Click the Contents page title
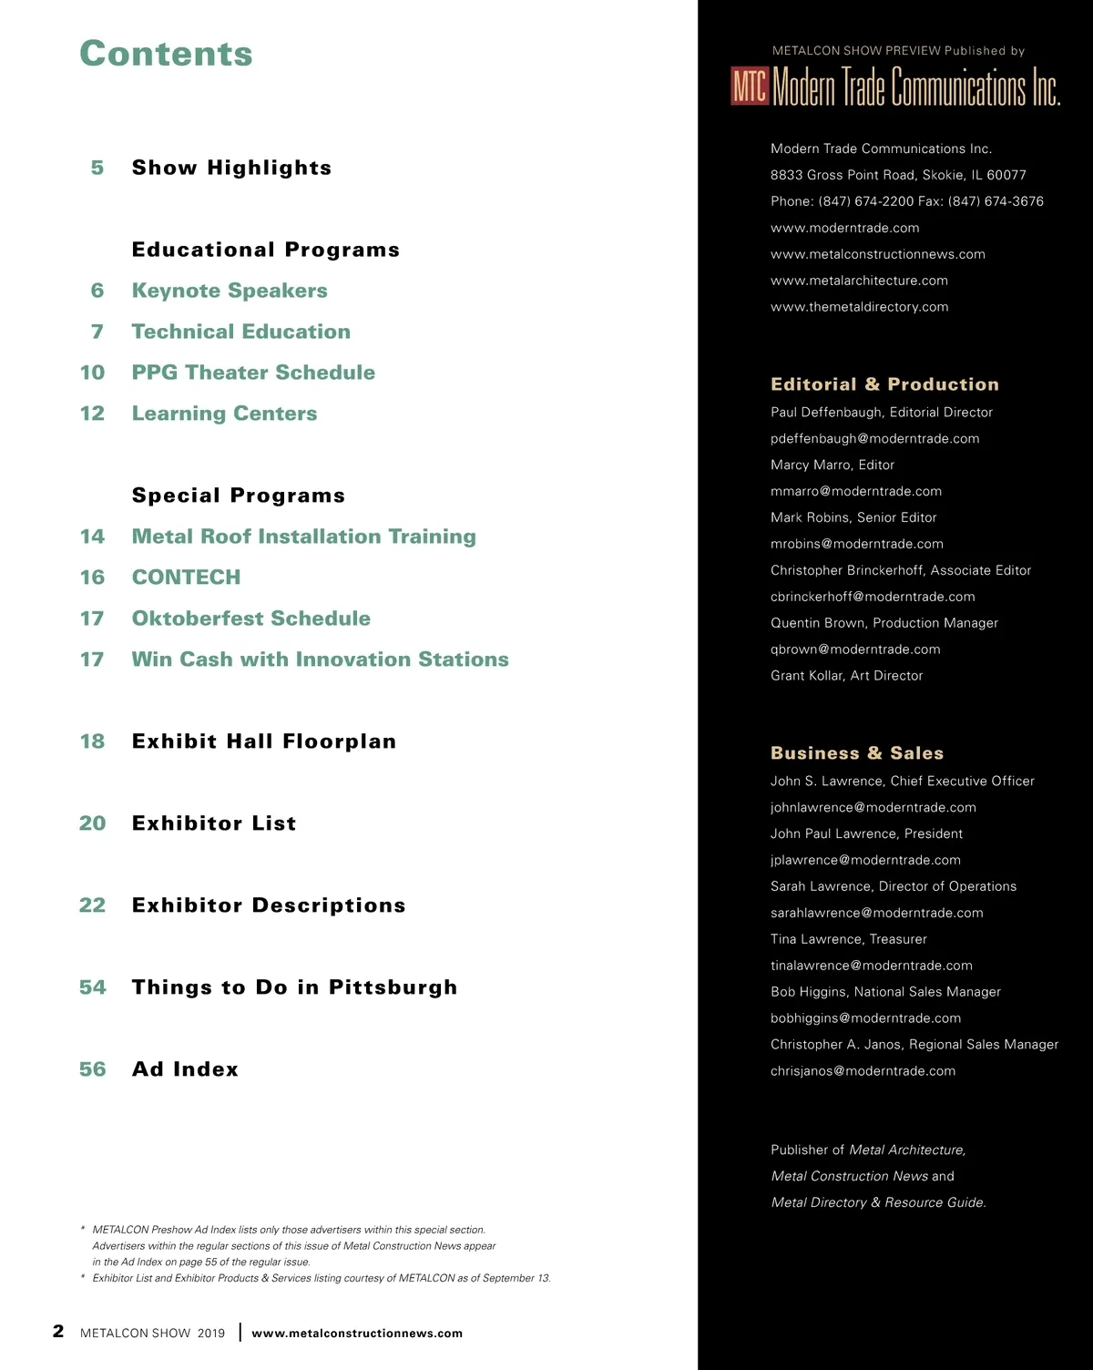[x=166, y=54]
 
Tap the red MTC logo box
[x=750, y=87]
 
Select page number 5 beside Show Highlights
[x=97, y=168]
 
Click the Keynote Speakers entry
[x=230, y=291]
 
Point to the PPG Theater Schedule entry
[x=253, y=373]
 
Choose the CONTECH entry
[x=187, y=578]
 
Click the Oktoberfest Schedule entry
[x=251, y=619]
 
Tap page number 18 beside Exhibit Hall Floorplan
[x=92, y=741]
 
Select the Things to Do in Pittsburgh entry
[x=294, y=987]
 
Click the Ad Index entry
[x=185, y=1069]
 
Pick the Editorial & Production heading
[x=884, y=384]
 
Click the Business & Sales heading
[x=857, y=753]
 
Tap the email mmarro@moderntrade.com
[x=856, y=491]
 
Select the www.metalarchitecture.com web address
[x=859, y=281]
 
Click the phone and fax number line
[x=907, y=201]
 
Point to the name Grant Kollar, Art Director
[x=846, y=676]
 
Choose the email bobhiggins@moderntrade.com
[x=865, y=1018]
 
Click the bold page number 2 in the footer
[x=58, y=1331]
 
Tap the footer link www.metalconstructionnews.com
[x=357, y=1334]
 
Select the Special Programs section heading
[x=239, y=496]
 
